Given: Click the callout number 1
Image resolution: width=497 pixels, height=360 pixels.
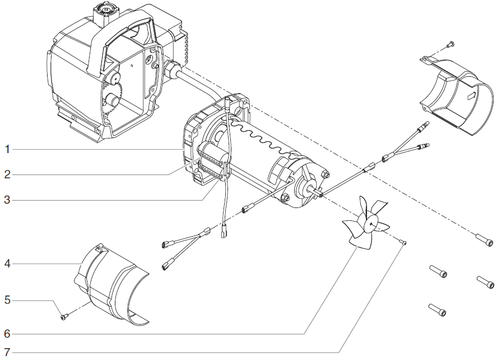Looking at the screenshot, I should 7,149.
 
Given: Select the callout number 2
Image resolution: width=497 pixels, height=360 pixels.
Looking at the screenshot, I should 7,174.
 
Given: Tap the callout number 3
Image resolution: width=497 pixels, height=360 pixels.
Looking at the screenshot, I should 7,200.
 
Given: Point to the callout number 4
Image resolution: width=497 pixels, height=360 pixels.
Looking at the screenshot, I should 7,263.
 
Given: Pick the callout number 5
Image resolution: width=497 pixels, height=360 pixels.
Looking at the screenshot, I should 7,300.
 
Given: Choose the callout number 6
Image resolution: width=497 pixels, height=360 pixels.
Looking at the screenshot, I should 7,334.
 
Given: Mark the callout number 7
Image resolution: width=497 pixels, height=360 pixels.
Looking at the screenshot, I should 7,353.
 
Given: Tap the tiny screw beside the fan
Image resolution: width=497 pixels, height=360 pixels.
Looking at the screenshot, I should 403,242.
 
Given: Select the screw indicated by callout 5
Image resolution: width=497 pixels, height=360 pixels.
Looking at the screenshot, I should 63,317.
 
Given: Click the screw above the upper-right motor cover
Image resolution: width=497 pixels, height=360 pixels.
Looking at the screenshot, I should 449,44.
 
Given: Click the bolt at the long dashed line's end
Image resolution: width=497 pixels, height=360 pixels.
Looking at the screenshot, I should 485,242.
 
